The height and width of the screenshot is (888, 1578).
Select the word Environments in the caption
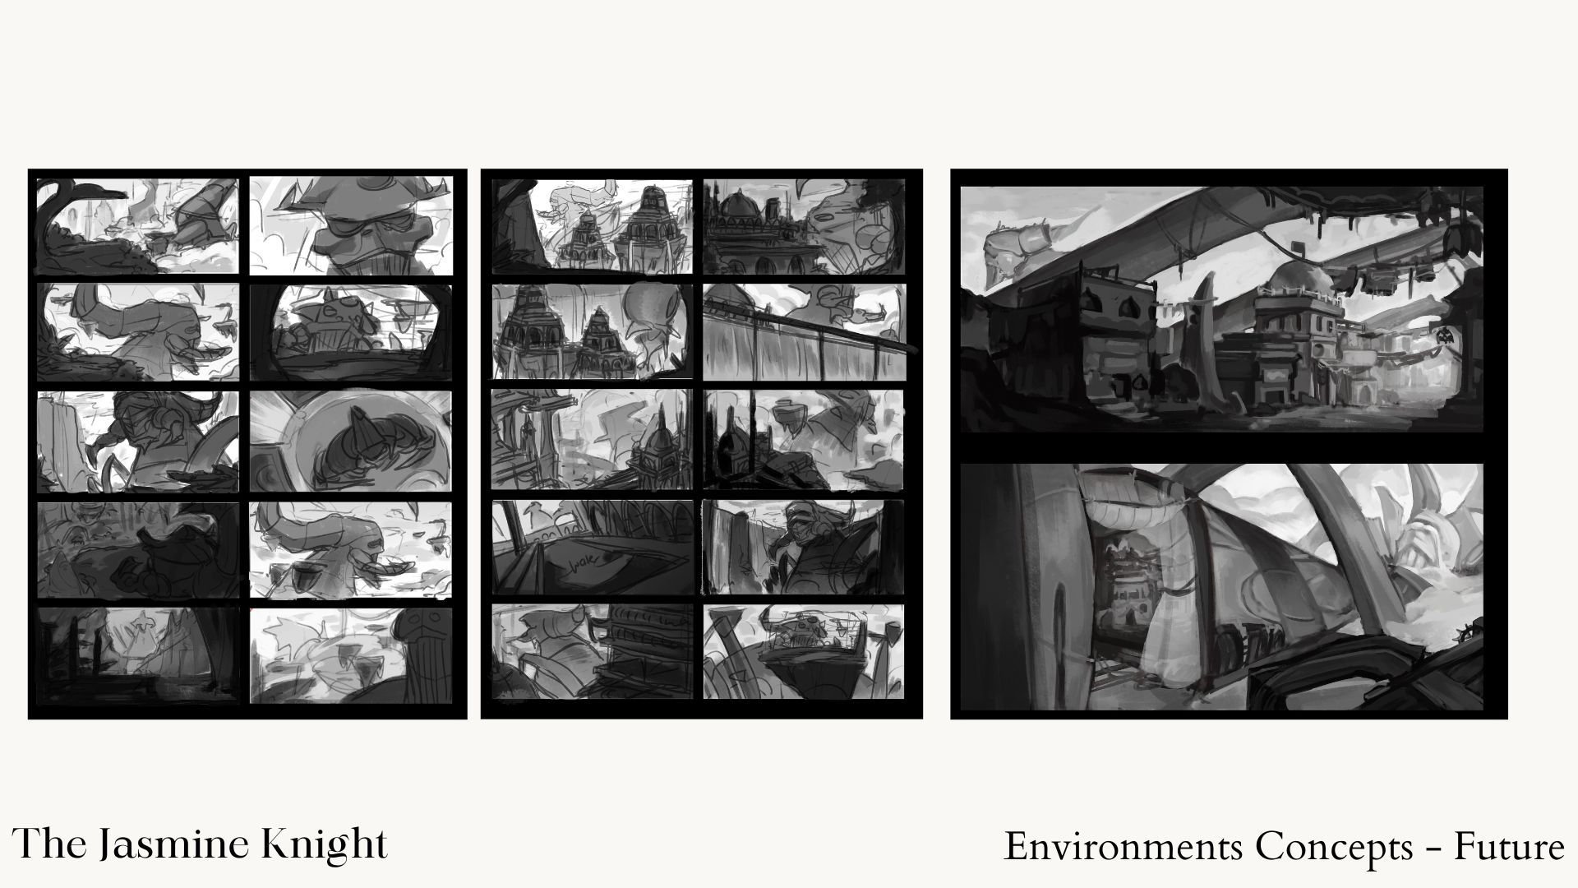[x=1123, y=847]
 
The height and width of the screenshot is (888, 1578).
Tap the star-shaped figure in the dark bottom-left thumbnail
[x=145, y=629]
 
